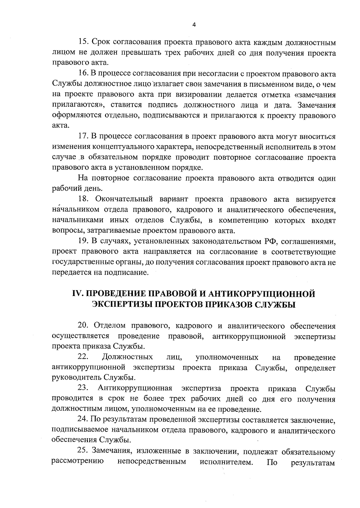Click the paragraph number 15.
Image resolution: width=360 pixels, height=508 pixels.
pyautogui.click(x=82, y=42)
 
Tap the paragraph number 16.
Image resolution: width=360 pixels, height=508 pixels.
pyautogui.click(x=82, y=74)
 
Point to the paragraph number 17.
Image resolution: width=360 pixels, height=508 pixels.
pyautogui.click(x=82, y=137)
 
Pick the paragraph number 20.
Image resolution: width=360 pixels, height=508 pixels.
pyautogui.click(x=83, y=326)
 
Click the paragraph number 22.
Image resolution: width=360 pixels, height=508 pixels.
pyautogui.click(x=83, y=357)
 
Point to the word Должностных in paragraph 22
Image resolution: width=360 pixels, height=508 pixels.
pyautogui.click(x=127, y=357)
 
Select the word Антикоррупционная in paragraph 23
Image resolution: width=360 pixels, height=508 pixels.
pyautogui.click(x=135, y=389)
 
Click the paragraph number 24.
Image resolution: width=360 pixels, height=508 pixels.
pyautogui.click(x=83, y=420)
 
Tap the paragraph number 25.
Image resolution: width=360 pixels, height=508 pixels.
pyautogui.click(x=83, y=451)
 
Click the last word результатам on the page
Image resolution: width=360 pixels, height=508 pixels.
pyautogui.click(x=313, y=462)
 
